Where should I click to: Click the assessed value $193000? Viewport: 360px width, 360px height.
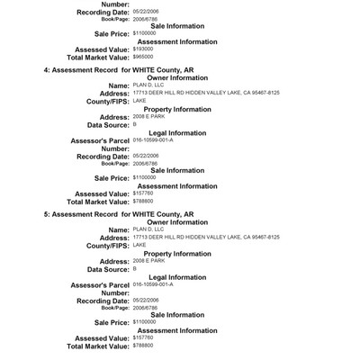(x=144, y=49)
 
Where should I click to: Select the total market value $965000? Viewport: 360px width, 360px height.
(x=144, y=56)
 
